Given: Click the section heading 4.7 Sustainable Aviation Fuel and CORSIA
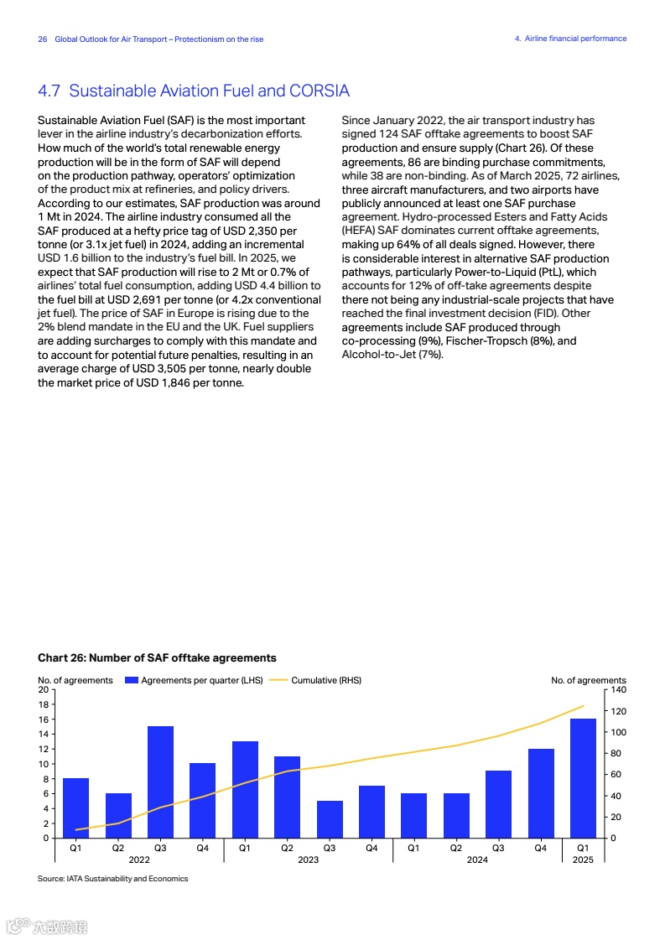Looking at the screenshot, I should coord(194,91).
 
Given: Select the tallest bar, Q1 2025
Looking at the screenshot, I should coord(583,778).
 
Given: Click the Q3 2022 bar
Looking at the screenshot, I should coord(160,782).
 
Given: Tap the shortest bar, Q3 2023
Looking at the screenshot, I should coord(330,819).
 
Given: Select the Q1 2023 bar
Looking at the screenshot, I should coord(245,789).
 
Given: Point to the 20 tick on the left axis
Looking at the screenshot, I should coord(43,689).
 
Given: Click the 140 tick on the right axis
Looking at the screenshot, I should coord(619,689).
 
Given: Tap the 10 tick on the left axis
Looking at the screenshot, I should coord(43,764).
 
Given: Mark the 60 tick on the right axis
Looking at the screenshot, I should coord(616,774).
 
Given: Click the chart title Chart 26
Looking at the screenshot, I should coord(157,657).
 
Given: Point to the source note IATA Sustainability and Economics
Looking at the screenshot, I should coord(113,879).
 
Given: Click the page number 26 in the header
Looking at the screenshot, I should coord(43,39).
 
